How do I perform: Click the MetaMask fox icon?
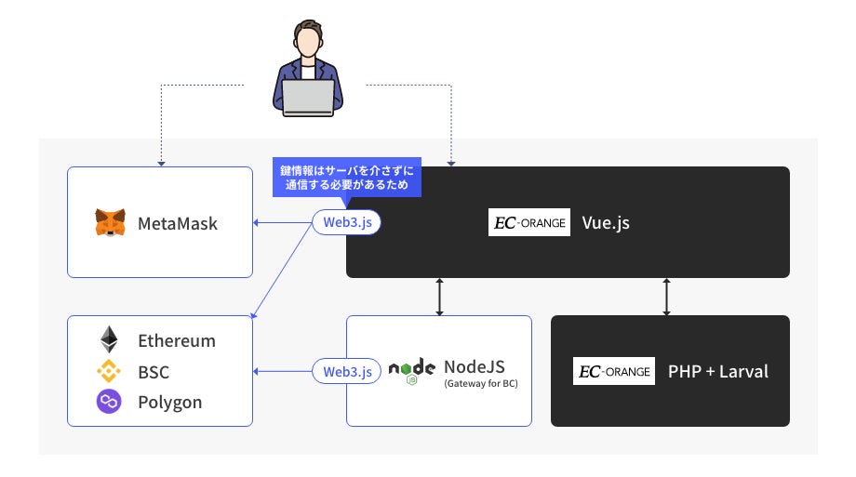tap(110, 223)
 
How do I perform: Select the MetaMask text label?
tap(178, 223)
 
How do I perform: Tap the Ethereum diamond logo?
tap(110, 339)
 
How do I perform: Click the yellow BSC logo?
tap(110, 371)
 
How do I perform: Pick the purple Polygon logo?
tap(110, 402)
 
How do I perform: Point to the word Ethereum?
tap(177, 340)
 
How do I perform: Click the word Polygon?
tap(170, 402)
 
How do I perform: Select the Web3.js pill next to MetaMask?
tap(347, 222)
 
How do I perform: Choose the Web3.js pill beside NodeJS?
tap(347, 371)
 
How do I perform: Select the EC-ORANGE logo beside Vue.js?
tap(528, 222)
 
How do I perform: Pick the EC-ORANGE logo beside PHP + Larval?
tap(614, 371)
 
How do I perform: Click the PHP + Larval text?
tap(718, 371)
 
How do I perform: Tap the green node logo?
tap(412, 371)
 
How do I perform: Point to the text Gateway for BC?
tap(480, 383)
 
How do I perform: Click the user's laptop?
tap(309, 97)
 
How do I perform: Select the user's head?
tap(309, 42)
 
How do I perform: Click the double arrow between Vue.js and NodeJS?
tap(439, 296)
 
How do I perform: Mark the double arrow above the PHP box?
tap(666, 296)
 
